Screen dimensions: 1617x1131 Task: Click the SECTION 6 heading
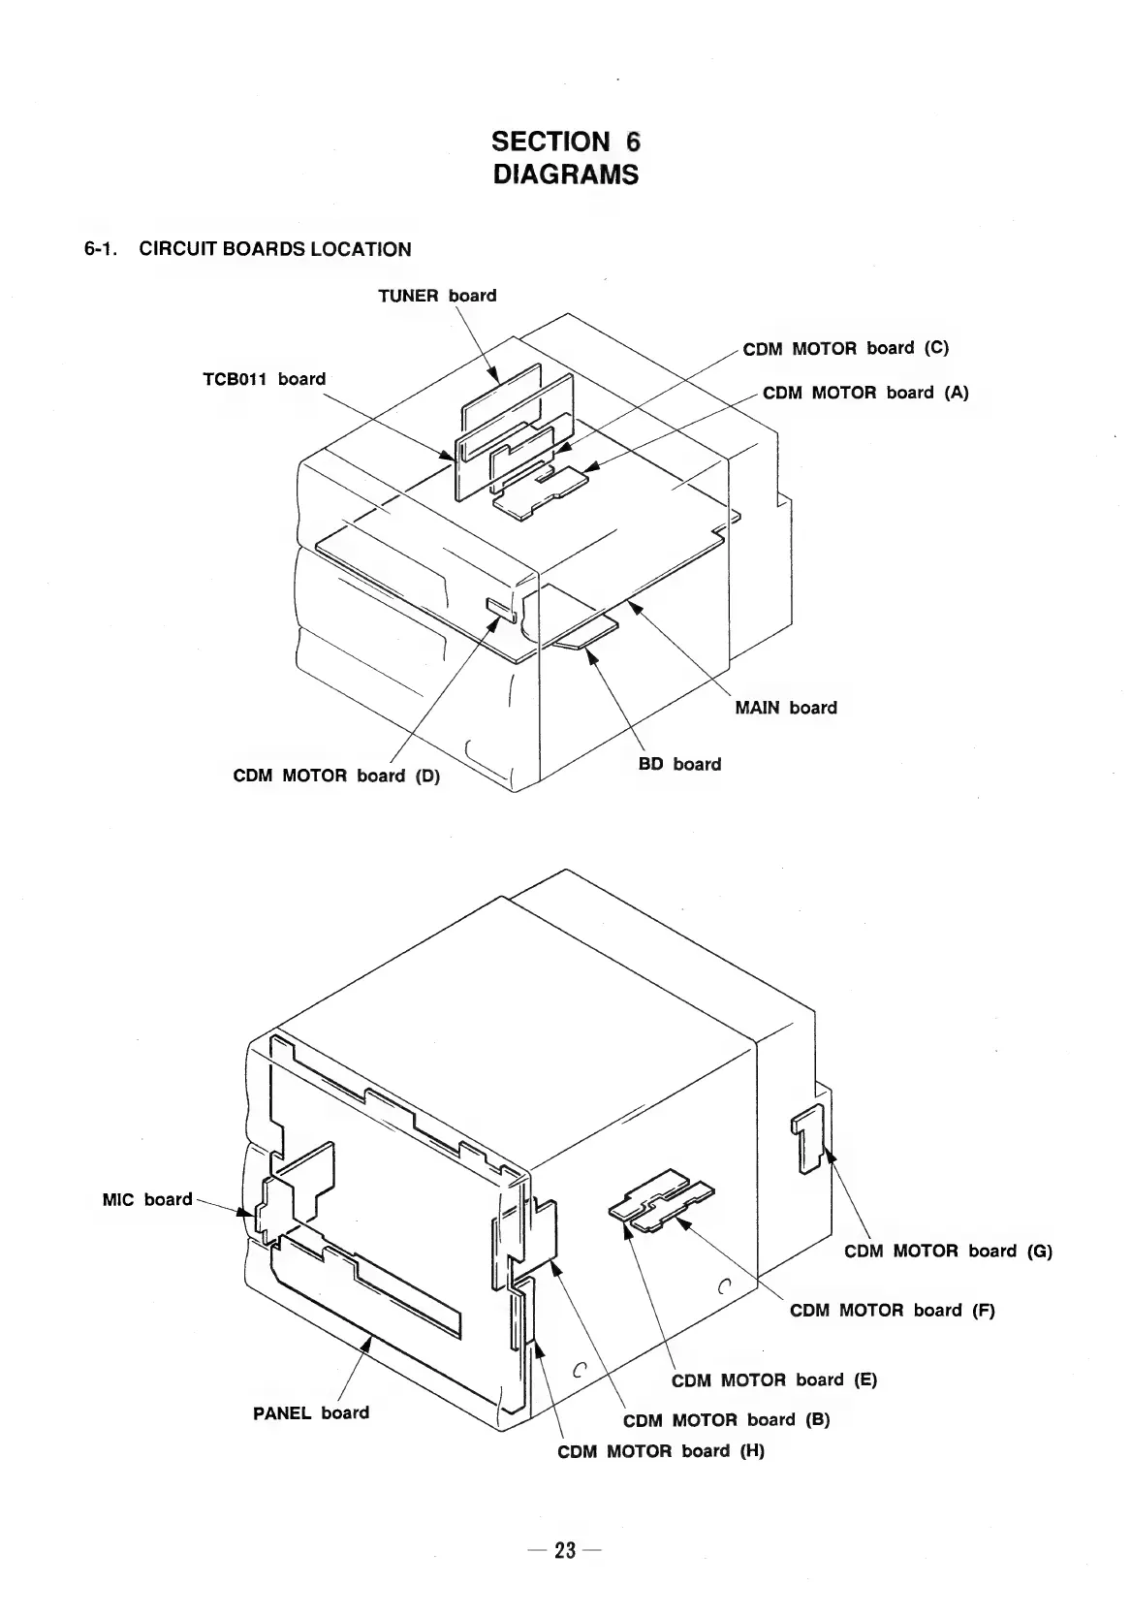pos(566,142)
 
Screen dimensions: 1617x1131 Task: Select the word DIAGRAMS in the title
pos(566,175)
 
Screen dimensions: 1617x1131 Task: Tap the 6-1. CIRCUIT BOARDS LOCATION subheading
pos(247,249)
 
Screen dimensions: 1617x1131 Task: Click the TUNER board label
pos(437,296)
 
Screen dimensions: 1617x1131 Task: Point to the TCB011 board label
pos(264,379)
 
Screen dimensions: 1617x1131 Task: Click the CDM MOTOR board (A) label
pos(865,393)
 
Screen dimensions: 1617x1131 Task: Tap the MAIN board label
pos(785,708)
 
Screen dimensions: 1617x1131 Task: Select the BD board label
pos(679,764)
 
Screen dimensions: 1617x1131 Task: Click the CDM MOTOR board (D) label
pos(336,776)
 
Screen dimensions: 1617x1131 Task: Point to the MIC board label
pos(147,1199)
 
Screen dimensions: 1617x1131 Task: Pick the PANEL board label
pos(311,1412)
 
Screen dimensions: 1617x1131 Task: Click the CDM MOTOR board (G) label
pos(948,1251)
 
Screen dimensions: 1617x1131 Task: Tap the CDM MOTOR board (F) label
pos(892,1311)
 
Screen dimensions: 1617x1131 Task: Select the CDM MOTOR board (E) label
pos(773,1379)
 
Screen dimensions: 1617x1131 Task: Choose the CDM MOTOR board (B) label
pos(726,1420)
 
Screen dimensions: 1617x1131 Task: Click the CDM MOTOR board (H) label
pos(661,1451)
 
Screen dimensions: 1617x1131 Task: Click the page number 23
pos(565,1550)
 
